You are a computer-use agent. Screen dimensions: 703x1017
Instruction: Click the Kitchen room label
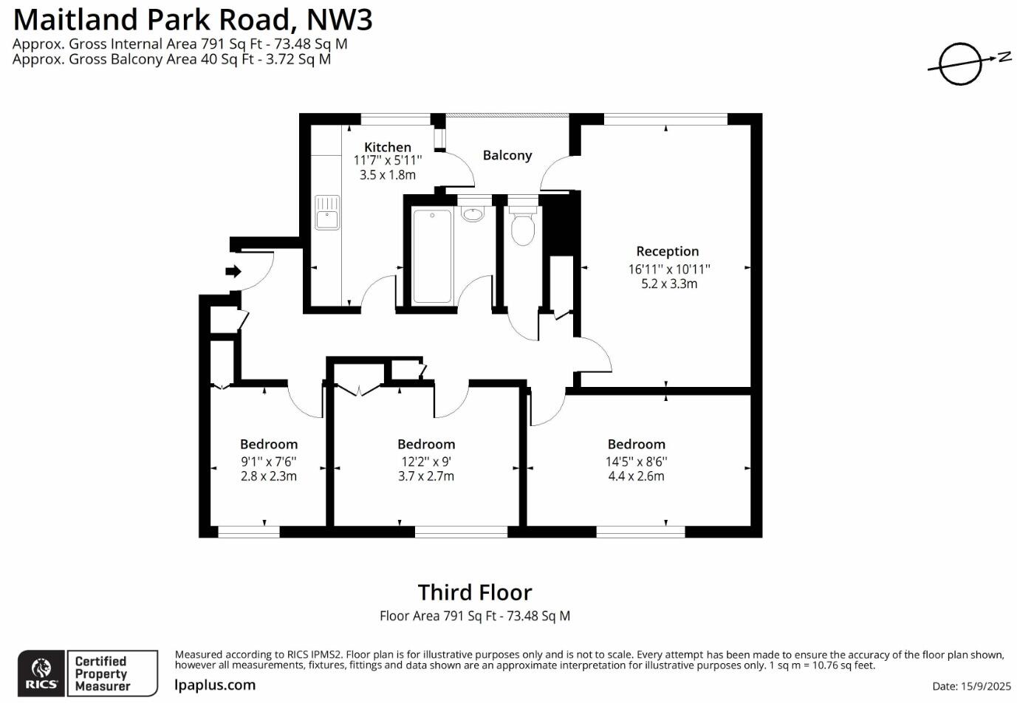(x=387, y=147)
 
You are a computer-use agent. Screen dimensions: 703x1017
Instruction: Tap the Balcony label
(x=507, y=155)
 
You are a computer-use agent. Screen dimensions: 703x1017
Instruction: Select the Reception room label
(x=667, y=251)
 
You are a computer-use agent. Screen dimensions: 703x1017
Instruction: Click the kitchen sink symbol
(x=326, y=212)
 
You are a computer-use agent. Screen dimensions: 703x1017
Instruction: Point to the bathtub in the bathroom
(x=431, y=256)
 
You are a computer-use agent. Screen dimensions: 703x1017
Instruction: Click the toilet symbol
(x=523, y=227)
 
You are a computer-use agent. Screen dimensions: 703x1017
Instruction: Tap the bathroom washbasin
(x=472, y=214)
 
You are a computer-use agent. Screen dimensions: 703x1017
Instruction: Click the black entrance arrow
(x=233, y=271)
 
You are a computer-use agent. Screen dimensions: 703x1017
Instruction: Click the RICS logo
(x=41, y=673)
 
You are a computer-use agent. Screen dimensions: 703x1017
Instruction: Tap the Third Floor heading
(x=474, y=592)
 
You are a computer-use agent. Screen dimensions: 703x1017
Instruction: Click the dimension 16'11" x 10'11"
(x=669, y=269)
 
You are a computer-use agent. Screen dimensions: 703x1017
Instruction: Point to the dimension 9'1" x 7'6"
(x=268, y=462)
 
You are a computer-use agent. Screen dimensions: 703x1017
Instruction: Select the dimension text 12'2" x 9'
(x=426, y=462)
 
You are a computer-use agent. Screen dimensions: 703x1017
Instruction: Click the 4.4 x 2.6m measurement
(x=636, y=476)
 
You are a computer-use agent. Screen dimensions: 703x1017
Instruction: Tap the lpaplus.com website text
(x=215, y=685)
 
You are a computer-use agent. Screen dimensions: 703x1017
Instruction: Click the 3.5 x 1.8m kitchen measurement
(x=387, y=175)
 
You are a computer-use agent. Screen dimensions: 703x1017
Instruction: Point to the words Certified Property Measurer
(x=102, y=673)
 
